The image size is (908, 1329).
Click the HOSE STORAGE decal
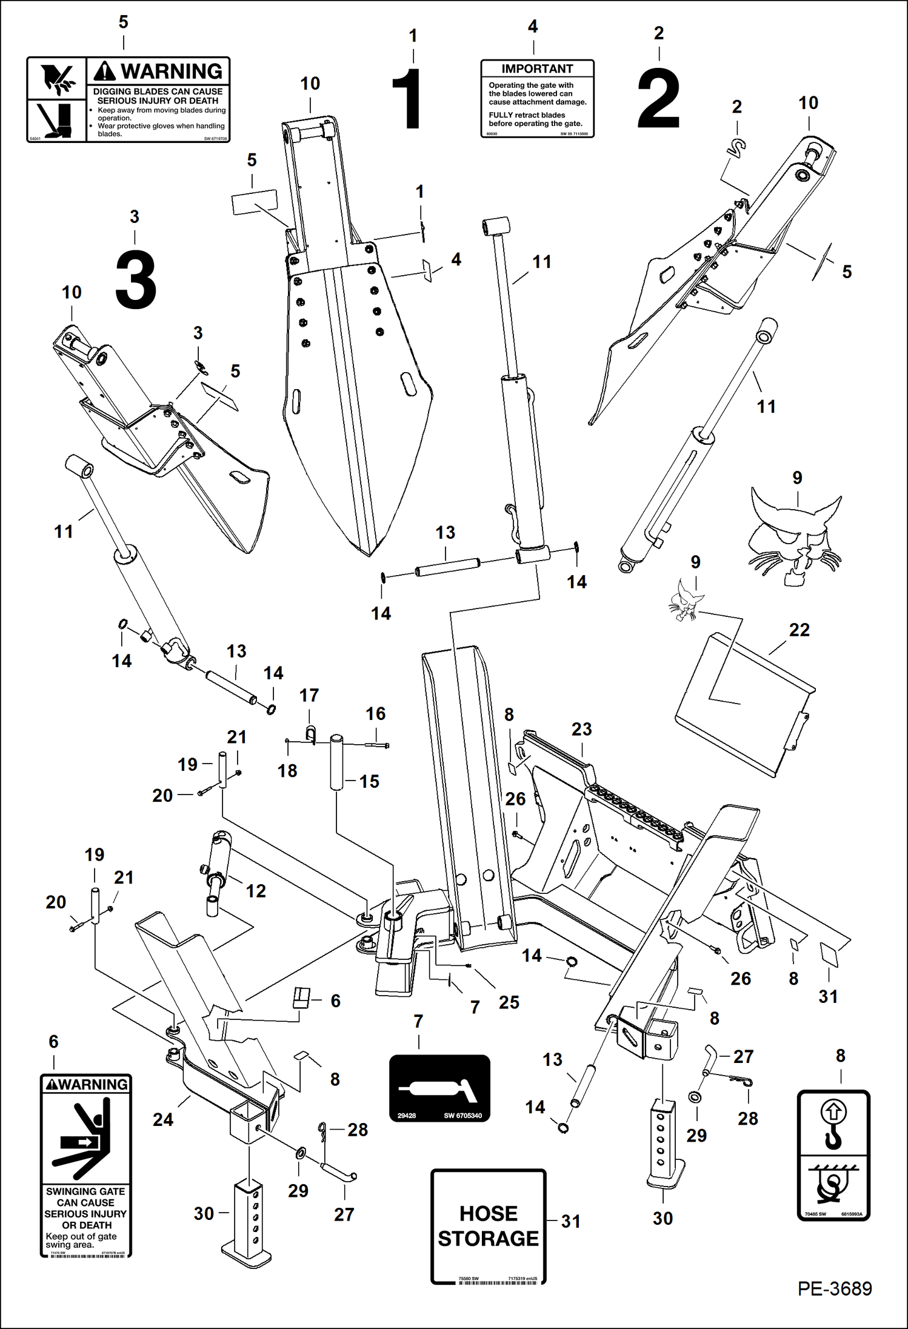tap(488, 1226)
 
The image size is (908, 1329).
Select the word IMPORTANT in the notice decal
tap(536, 69)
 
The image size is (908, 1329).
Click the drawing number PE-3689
tap(834, 1288)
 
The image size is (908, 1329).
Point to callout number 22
tap(799, 630)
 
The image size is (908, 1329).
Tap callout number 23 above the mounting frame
tap(581, 729)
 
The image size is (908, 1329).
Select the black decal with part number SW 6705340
tap(439, 1088)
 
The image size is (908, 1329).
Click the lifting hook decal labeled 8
tap(833, 1154)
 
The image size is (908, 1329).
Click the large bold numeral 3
tap(136, 281)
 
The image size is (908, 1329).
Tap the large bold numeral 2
tap(658, 99)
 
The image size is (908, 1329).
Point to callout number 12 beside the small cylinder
tap(255, 891)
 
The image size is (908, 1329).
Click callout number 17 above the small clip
tap(309, 696)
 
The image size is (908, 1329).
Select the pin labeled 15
tap(336, 762)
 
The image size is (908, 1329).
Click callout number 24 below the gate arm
tap(162, 1119)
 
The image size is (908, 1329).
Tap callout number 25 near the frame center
tap(509, 1002)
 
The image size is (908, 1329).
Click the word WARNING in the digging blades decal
tap(171, 72)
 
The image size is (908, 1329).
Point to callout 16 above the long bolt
tap(375, 714)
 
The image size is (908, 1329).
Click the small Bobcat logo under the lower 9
tap(686, 600)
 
